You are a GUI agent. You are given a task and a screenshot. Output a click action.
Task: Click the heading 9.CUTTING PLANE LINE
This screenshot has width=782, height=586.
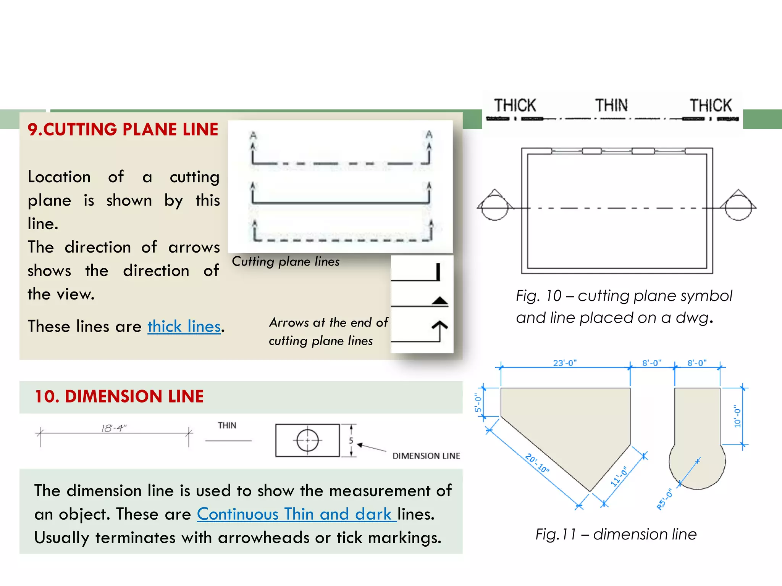pos(123,130)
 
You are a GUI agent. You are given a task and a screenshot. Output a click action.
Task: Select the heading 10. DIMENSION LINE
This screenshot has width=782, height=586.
pos(119,396)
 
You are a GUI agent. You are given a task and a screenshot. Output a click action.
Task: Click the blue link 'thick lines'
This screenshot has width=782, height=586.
pos(184,327)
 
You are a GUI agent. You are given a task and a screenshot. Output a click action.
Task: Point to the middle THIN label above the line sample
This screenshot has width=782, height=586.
pos(611,105)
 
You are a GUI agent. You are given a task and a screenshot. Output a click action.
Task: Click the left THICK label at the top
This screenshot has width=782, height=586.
pos(515,105)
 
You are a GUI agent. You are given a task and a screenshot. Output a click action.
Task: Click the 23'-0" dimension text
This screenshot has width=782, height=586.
pos(564,363)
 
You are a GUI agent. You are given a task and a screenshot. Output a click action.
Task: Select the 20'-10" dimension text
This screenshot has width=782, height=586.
pos(537,463)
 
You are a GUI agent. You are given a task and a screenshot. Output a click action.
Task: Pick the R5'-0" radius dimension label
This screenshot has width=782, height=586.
pos(665,499)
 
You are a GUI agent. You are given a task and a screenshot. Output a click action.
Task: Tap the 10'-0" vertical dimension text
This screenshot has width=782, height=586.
pos(737,416)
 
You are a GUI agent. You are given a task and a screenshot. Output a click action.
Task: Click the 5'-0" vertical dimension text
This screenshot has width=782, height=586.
pos(478,403)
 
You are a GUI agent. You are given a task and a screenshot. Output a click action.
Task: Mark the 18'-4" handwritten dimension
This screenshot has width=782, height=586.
pos(113,428)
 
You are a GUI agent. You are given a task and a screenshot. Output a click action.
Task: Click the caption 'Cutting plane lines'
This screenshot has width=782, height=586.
pos(286,262)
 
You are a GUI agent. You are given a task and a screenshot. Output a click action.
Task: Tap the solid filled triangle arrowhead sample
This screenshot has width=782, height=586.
pos(439,301)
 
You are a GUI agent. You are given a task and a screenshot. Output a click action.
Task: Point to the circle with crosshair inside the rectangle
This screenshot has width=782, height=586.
pos(307,440)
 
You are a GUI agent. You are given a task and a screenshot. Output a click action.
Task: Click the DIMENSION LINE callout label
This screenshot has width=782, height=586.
pos(426,456)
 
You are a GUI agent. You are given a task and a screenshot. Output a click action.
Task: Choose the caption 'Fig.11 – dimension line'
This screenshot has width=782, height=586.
pos(616,534)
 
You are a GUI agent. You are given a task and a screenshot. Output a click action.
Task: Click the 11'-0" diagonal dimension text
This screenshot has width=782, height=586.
pos(619,477)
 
